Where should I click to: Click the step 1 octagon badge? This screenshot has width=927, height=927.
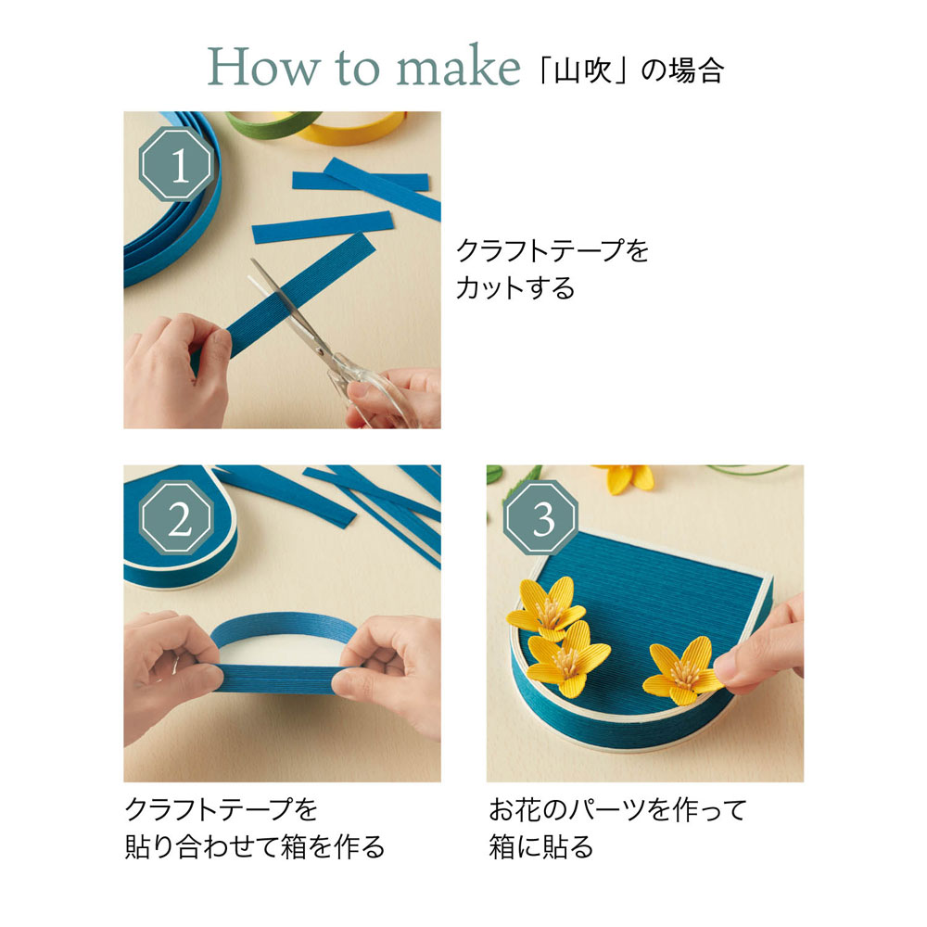tap(176, 164)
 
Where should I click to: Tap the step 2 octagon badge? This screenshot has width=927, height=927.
tap(176, 518)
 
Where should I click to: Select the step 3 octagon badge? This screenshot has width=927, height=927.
tap(540, 518)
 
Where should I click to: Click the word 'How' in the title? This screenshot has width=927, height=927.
tap(263, 67)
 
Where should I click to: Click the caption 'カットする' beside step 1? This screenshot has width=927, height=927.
tap(514, 288)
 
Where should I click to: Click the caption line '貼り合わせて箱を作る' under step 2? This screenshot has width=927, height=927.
tap(255, 846)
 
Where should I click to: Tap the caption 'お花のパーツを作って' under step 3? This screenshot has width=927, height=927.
tap(617, 809)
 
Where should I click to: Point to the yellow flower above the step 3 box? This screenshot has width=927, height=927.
tap(629, 477)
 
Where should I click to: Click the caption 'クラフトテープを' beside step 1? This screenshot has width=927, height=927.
tap(552, 250)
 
